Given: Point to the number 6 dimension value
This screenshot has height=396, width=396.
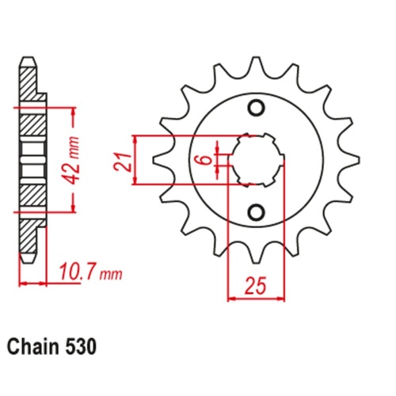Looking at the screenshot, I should coord(204,159).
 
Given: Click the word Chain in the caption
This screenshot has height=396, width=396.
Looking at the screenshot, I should coord(32,347).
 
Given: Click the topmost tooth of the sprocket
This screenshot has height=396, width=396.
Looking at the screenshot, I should coord(255,66).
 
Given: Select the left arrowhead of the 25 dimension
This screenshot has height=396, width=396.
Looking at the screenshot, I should coord(231,299).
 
